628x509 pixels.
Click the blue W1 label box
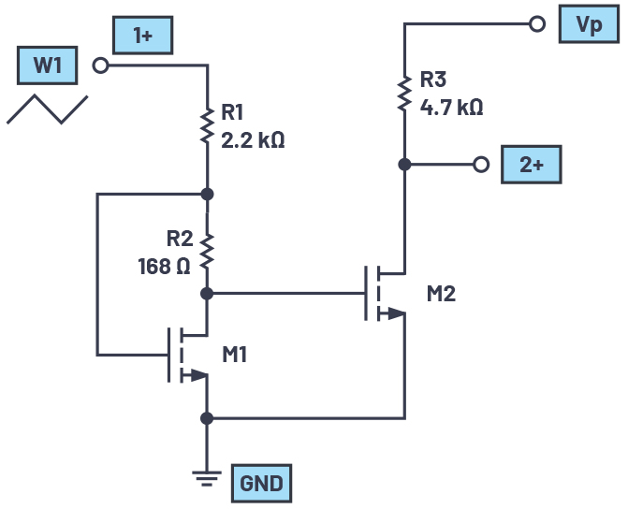click(x=50, y=66)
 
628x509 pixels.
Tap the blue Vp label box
click(x=589, y=24)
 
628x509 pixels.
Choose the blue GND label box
click(x=261, y=484)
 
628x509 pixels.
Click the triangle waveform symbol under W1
click(x=48, y=109)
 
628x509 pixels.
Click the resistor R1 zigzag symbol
click(x=207, y=126)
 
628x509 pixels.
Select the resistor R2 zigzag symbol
click(x=207, y=249)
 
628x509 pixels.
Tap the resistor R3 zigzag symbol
click(x=404, y=93)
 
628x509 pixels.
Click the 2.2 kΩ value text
click(x=253, y=141)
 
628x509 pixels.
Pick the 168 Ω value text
click(x=163, y=266)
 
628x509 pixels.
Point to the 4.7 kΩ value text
click(x=451, y=108)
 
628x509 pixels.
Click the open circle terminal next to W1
click(x=100, y=65)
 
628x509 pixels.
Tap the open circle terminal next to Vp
click(x=537, y=24)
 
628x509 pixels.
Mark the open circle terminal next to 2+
click(x=481, y=165)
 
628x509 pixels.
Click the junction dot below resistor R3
click(x=404, y=165)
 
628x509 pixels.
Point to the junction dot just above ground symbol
click(x=207, y=417)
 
